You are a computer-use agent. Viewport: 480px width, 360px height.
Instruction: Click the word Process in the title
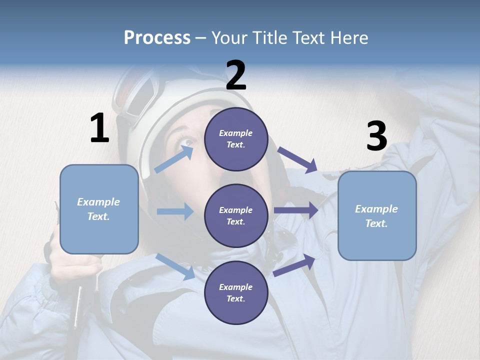[157, 38]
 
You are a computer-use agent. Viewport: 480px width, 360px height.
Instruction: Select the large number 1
[99, 128]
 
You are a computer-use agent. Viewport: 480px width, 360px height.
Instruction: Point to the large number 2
[236, 75]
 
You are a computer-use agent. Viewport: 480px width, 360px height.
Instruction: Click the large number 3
[376, 136]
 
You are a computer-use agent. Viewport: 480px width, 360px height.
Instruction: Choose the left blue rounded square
[99, 209]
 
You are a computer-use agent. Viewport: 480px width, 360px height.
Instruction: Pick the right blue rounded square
[377, 216]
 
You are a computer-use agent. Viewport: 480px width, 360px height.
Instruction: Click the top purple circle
[236, 139]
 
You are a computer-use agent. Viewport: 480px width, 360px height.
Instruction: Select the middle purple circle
[236, 215]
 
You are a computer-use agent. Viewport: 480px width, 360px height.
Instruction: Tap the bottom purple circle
[236, 292]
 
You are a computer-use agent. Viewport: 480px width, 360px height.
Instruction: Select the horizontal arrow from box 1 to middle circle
[175, 211]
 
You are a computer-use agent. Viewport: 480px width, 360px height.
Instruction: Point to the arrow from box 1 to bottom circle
[175, 266]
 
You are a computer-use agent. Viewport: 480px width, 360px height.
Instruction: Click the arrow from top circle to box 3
[297, 159]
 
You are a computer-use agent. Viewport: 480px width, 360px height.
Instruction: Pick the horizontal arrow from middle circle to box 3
[296, 210]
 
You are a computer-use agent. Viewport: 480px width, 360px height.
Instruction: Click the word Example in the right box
[376, 209]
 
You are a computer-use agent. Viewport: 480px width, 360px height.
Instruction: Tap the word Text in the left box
[98, 216]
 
